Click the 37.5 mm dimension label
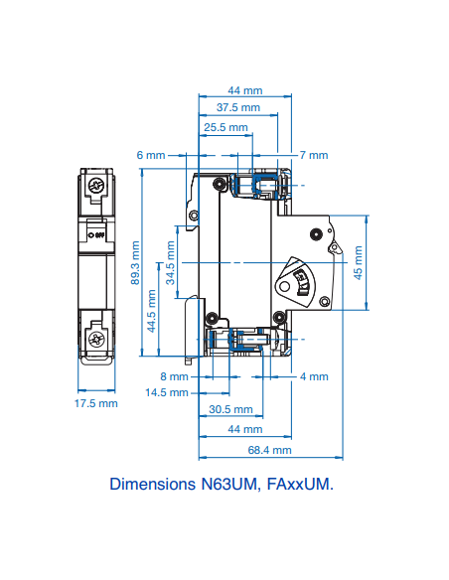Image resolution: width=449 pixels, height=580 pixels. click(238, 107)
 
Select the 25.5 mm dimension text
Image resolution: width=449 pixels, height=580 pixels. click(225, 128)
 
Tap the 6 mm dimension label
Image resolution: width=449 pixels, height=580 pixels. click(151, 155)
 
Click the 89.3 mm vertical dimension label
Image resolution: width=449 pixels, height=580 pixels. click(135, 265)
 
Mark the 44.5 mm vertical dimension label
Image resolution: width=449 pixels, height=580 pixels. click(152, 311)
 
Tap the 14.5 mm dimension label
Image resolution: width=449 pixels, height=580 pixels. click(166, 392)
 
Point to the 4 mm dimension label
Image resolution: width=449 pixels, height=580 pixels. click(314, 376)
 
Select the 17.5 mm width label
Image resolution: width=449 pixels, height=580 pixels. click(96, 403)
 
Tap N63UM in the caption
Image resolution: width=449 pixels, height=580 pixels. click(235, 485)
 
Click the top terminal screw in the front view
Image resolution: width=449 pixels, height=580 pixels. click(97, 186)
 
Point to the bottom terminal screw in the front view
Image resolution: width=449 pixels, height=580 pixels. click(97, 340)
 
